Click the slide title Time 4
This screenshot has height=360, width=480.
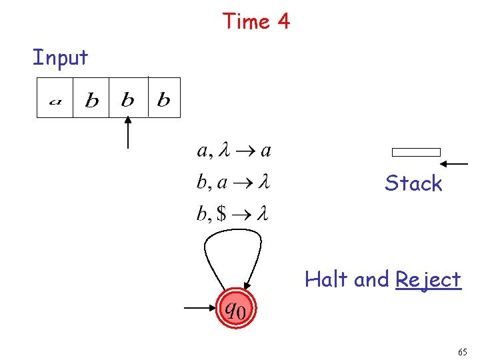(x=257, y=21)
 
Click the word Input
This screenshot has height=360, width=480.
(x=60, y=58)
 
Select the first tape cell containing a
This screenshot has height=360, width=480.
(x=55, y=99)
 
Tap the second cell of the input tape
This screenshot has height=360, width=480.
(x=91, y=99)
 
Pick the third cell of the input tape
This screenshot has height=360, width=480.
(x=127, y=99)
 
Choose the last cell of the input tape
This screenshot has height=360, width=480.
(x=163, y=99)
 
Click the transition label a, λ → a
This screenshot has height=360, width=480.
(x=233, y=151)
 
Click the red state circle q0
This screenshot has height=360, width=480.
(x=235, y=309)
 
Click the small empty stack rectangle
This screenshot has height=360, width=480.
(x=416, y=152)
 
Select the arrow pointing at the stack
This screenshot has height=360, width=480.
(x=455, y=163)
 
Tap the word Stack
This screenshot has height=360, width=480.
(x=413, y=183)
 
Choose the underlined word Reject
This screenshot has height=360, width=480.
(x=428, y=279)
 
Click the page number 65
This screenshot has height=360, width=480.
(x=462, y=351)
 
